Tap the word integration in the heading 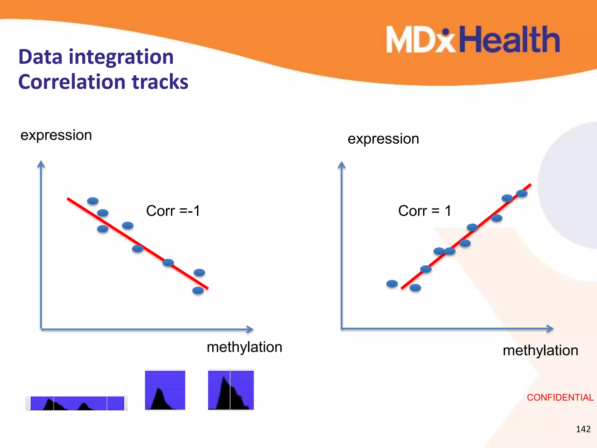pyautogui.click(x=121, y=57)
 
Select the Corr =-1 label pyautogui.click(x=173, y=211)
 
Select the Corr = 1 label pyautogui.click(x=424, y=211)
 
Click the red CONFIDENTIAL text pyautogui.click(x=560, y=397)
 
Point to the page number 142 pyautogui.click(x=583, y=429)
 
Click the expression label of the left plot pyautogui.click(x=56, y=135)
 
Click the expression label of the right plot pyautogui.click(x=383, y=139)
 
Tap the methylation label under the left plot pyautogui.click(x=244, y=347)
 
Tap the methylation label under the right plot pyautogui.click(x=540, y=350)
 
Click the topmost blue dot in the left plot pyautogui.click(x=93, y=201)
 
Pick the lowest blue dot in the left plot pyautogui.click(x=198, y=290)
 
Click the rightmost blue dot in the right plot pyautogui.click(x=522, y=193)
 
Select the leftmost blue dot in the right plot pyautogui.click(x=392, y=283)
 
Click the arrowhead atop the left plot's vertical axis pyautogui.click(x=41, y=164)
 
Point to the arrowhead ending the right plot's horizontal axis pyautogui.click(x=550, y=329)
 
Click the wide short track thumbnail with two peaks pyautogui.click(x=77, y=403)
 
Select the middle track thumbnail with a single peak pyautogui.click(x=165, y=390)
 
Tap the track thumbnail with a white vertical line pyautogui.click(x=231, y=390)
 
